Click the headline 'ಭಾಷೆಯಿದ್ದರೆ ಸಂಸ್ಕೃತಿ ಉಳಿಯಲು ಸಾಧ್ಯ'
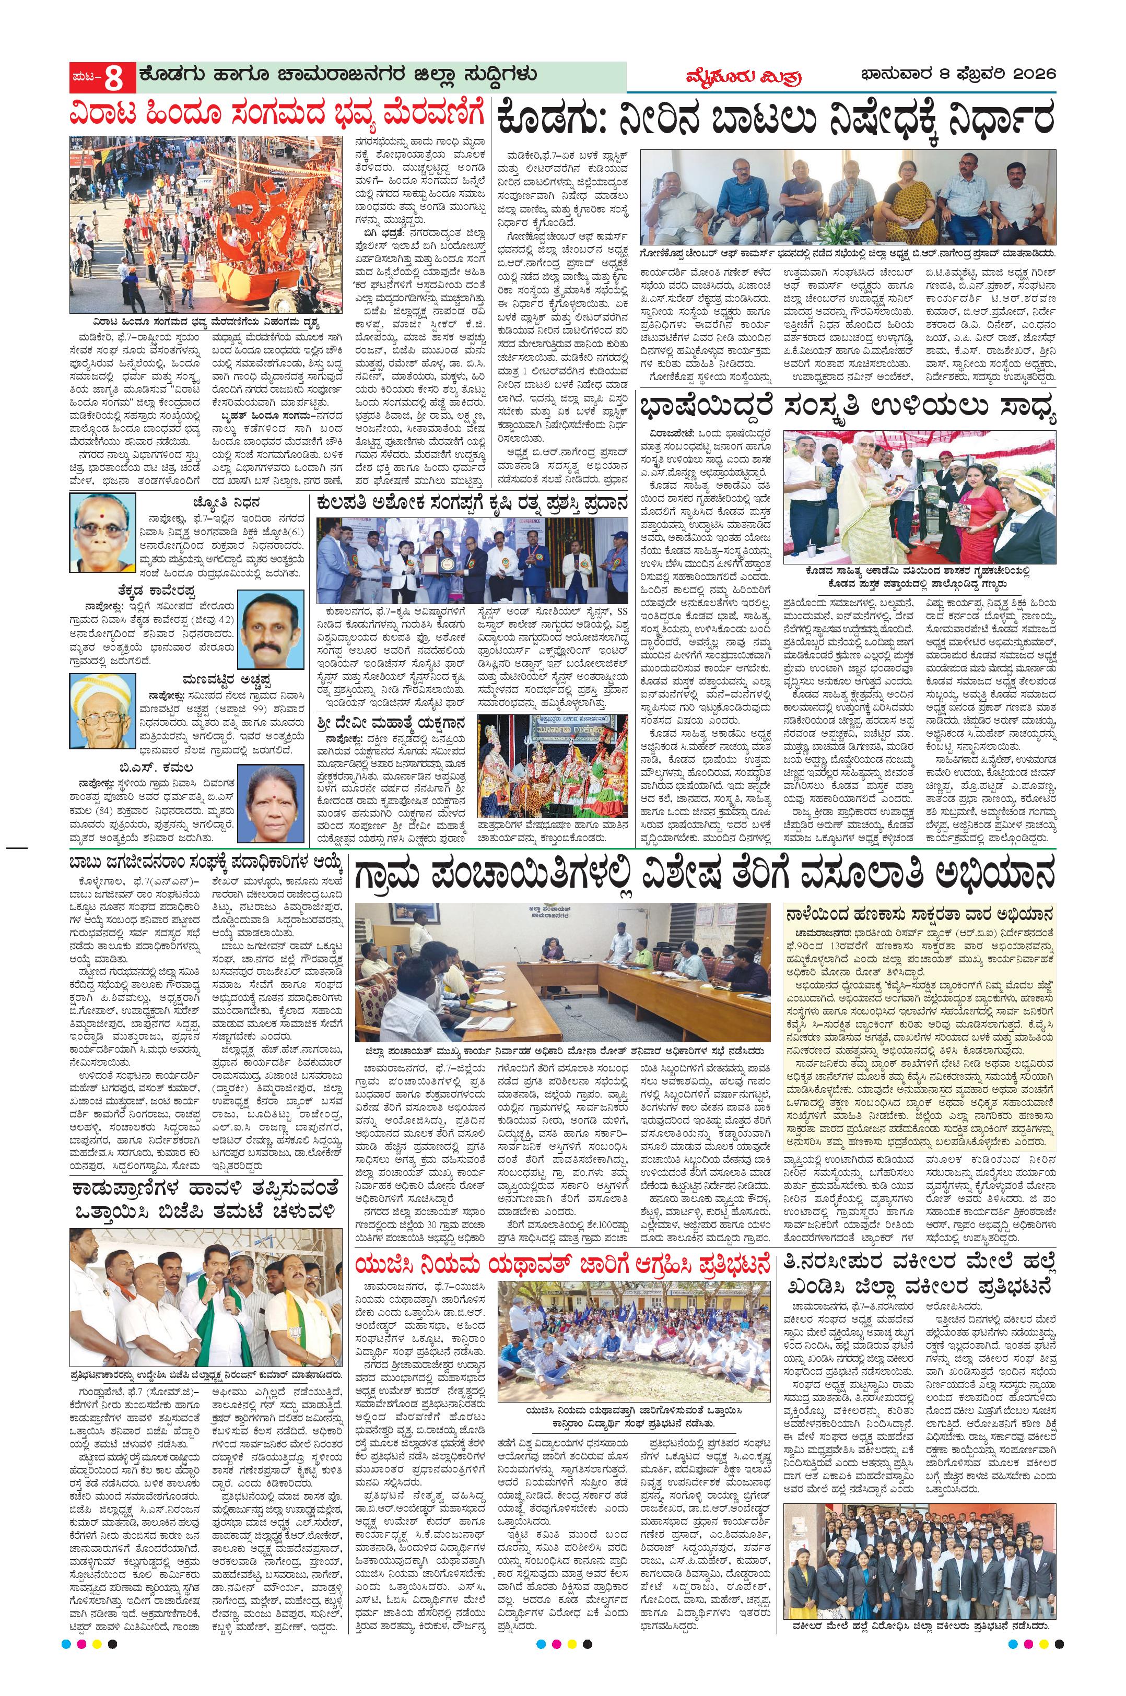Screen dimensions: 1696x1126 (x=847, y=411)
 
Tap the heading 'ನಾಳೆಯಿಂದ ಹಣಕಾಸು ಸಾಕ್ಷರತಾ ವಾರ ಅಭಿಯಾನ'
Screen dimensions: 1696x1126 (x=920, y=915)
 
